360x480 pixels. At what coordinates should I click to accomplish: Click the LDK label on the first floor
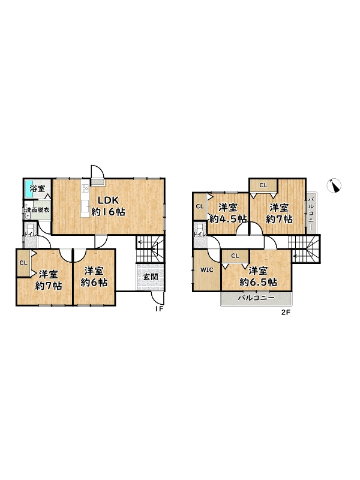point(108,200)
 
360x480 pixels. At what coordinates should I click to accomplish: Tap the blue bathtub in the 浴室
point(29,189)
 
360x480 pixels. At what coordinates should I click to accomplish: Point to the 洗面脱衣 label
point(38,211)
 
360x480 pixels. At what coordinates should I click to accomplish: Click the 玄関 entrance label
point(151,277)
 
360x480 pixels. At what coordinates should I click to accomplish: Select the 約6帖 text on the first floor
point(94,283)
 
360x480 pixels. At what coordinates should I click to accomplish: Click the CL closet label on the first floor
point(23,263)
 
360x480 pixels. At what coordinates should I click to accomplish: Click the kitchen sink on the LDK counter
point(85,205)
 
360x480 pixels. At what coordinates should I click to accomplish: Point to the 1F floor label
point(159,309)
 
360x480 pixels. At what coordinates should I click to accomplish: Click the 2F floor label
point(286,313)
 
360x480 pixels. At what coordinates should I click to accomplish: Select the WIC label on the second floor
point(206,270)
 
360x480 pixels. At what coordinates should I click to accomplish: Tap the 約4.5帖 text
point(228,219)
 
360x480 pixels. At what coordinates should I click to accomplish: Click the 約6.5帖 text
point(259,282)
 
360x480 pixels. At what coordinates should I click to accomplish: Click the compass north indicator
point(334,185)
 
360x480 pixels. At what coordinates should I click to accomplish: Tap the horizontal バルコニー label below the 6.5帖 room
point(256,298)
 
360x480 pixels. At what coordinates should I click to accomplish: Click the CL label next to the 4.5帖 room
point(200,206)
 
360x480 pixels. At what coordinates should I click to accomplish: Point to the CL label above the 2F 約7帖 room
point(263,185)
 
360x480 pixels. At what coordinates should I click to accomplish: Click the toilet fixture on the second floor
point(200,230)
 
